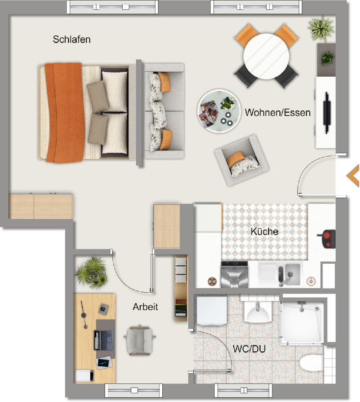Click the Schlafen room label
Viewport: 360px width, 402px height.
pos(72,39)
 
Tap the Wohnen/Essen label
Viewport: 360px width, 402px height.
pos(278,112)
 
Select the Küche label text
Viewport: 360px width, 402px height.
pos(264,231)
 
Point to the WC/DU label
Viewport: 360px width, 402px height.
pos(249,349)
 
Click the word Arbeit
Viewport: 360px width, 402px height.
pos(145,307)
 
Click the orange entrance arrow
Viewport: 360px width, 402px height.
pos(353,176)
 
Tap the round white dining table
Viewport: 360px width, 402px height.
pos(266,56)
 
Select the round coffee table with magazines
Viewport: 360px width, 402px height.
pos(219,111)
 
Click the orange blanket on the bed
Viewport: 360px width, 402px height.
pos(65,113)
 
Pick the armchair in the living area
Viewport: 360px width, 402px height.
pos(242,160)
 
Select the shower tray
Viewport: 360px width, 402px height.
pos(302,322)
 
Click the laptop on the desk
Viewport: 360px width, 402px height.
pos(103,340)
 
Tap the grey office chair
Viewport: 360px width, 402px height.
pos(140,340)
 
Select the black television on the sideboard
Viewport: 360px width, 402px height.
pos(327,113)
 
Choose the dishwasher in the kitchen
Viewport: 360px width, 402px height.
pos(234,275)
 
